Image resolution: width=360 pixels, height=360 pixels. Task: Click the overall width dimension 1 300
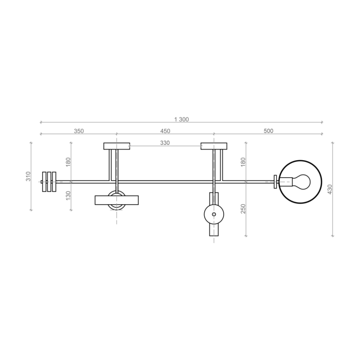point(181,119)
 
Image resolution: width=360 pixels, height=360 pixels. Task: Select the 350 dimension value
point(79,131)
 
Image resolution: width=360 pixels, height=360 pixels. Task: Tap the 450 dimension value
point(165,131)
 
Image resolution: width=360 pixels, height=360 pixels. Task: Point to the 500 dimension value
point(268,131)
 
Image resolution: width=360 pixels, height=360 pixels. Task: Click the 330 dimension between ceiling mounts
point(165,143)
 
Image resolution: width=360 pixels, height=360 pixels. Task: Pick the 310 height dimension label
point(28,176)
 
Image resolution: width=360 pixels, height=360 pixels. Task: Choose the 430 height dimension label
point(330,189)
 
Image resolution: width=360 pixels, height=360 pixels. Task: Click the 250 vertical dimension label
point(243,209)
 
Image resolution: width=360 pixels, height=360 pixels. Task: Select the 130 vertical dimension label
point(68,195)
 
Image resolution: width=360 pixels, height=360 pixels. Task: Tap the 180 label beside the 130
point(68,162)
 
